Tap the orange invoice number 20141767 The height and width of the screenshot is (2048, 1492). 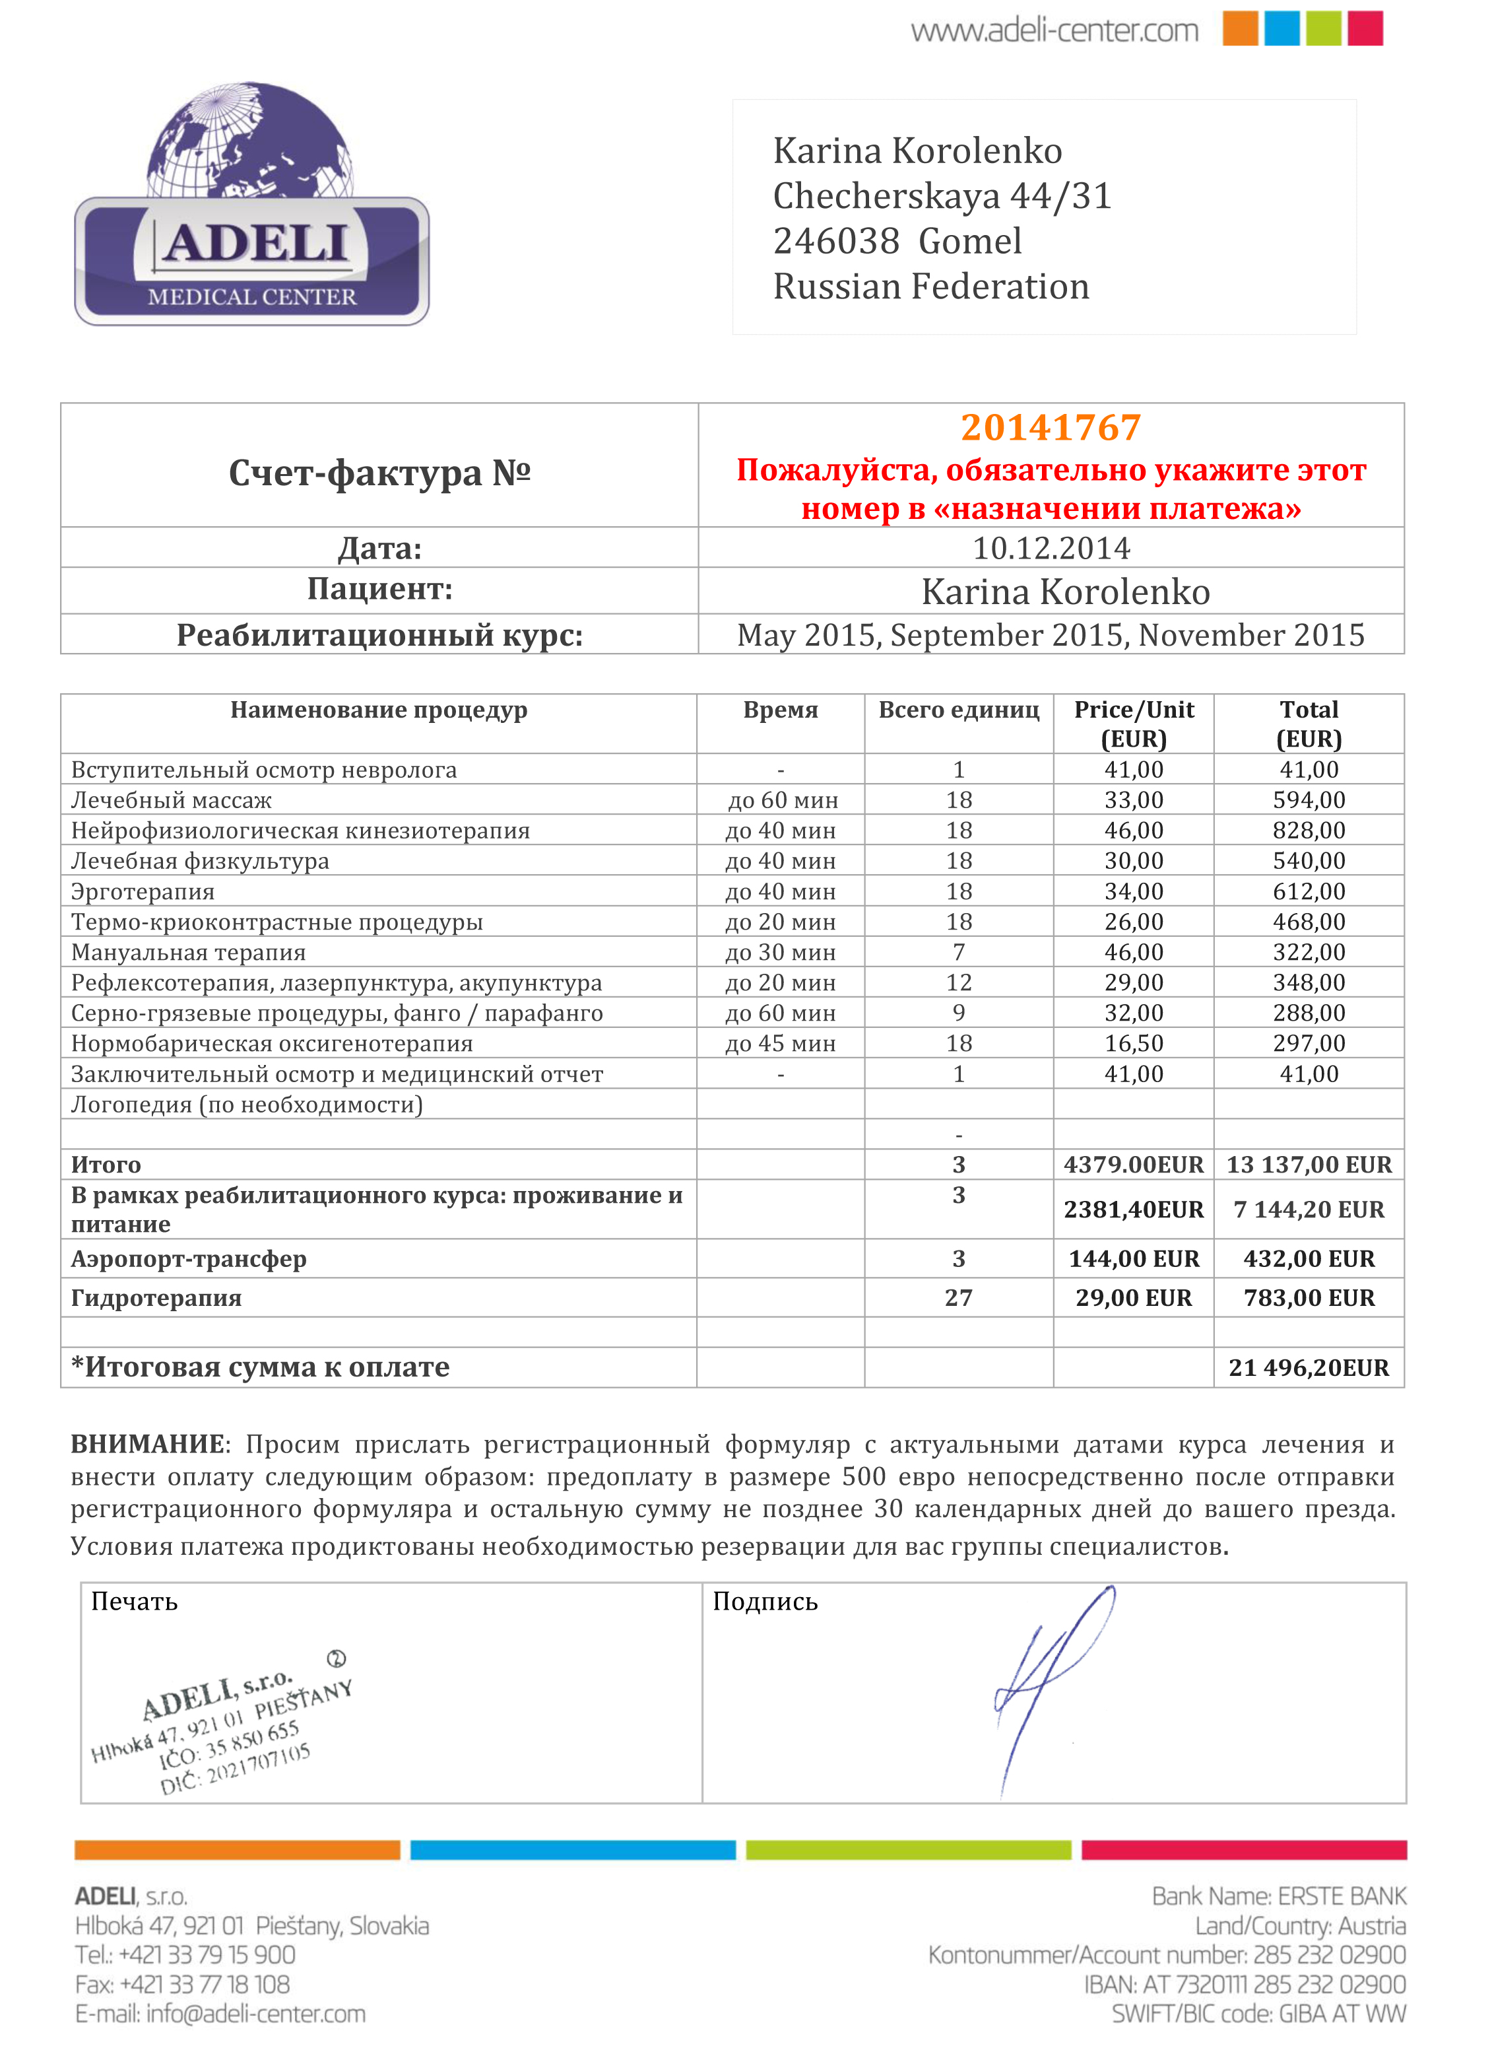pos(1051,427)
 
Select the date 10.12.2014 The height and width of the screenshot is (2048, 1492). pos(1051,547)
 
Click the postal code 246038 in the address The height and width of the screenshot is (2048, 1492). pos(836,241)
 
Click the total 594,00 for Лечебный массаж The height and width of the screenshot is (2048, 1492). pos(1309,800)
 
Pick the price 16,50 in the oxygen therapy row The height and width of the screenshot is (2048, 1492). pos(1134,1043)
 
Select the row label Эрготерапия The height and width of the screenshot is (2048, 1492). pos(143,892)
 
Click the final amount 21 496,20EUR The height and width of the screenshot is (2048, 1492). pos(1309,1368)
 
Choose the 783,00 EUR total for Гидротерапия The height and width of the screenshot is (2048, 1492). pos(1309,1298)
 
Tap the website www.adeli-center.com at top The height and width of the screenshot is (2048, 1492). pos(1054,32)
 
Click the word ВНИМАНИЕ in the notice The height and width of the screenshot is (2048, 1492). pos(147,1445)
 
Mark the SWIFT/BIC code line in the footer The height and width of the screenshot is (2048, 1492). pos(1258,2014)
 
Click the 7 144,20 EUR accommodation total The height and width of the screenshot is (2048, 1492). pos(1309,1210)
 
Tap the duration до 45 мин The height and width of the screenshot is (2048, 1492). pos(781,1043)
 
